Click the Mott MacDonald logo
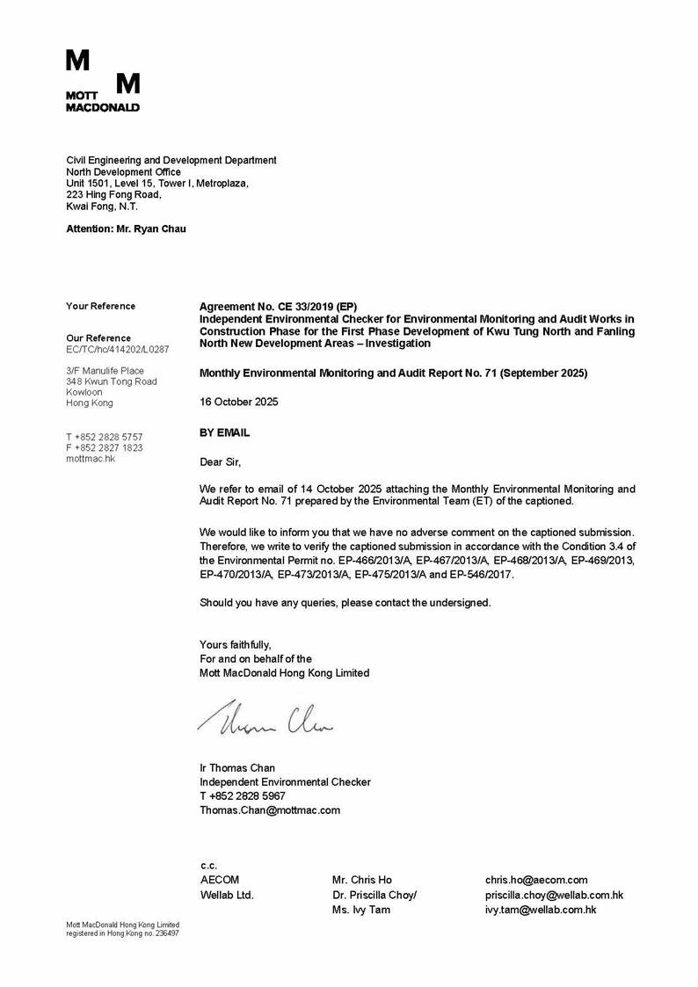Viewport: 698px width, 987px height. click(103, 81)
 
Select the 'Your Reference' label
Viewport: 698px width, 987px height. click(101, 306)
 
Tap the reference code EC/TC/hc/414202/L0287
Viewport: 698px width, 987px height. click(118, 349)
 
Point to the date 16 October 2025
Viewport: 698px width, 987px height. click(239, 402)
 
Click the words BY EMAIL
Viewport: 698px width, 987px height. click(225, 432)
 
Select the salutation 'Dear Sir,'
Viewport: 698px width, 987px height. click(220, 461)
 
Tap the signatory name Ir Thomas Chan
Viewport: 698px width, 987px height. click(237, 767)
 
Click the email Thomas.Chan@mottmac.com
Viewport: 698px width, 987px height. click(270, 809)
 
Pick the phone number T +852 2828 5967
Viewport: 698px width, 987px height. click(243, 795)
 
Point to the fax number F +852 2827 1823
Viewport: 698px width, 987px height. click(105, 447)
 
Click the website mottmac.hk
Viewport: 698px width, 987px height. click(91, 458)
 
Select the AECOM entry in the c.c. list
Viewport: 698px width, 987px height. click(220, 879)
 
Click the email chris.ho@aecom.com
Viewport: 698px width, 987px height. click(536, 879)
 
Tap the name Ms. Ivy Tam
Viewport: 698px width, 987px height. click(361, 910)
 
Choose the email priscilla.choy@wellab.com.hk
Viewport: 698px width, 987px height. click(554, 895)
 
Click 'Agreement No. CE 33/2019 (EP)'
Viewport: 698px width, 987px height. click(279, 306)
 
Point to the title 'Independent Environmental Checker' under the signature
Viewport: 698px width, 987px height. click(285, 781)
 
